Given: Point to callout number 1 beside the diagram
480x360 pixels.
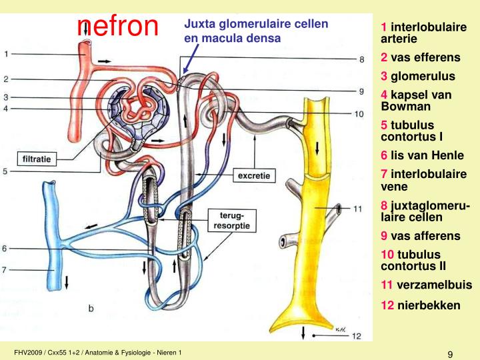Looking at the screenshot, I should point(6,53).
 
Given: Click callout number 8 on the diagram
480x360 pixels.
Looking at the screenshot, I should point(361,59).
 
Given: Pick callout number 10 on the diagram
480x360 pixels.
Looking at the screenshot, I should point(359,114).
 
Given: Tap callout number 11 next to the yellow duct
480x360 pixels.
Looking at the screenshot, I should point(358,209).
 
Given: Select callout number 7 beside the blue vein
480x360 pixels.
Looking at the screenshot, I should point(5,270).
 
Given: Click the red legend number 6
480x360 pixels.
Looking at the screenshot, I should point(384,155).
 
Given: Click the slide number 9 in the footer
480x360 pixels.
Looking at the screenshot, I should point(451,354).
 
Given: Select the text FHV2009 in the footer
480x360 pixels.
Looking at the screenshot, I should point(29,352).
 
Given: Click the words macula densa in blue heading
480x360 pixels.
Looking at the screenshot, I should point(243,38).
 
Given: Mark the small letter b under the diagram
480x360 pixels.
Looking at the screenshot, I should point(91,308).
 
